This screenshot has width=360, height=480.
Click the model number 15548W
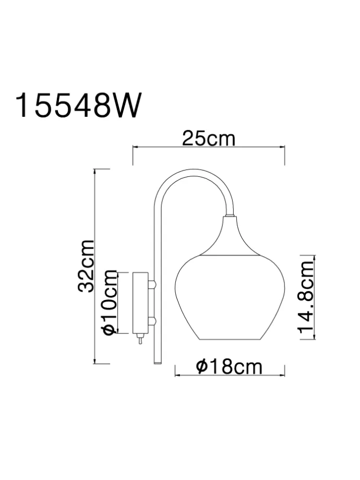(x=79, y=105)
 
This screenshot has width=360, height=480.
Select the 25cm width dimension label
(x=209, y=139)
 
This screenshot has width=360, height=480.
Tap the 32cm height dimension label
(x=86, y=266)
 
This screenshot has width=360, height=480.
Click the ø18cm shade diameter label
(x=229, y=367)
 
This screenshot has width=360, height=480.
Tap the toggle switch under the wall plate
(x=140, y=339)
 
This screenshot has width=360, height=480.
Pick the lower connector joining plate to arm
(x=152, y=321)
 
